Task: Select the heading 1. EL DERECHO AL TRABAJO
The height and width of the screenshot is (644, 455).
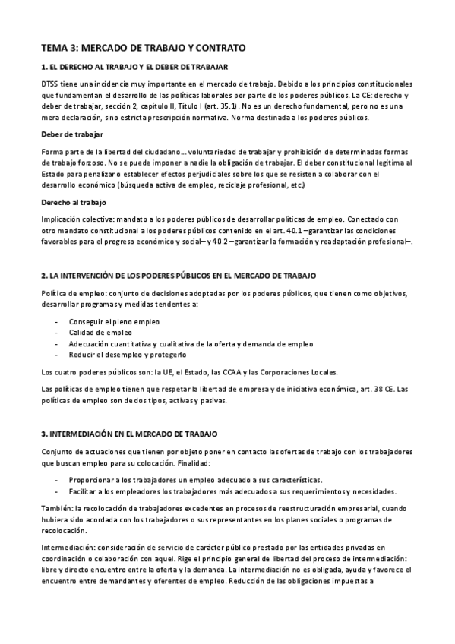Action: point(140,67)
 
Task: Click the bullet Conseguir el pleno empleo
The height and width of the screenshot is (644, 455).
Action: point(114,322)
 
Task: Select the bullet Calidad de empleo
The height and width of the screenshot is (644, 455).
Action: point(101,333)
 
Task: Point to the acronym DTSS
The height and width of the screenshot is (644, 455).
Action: point(51,84)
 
